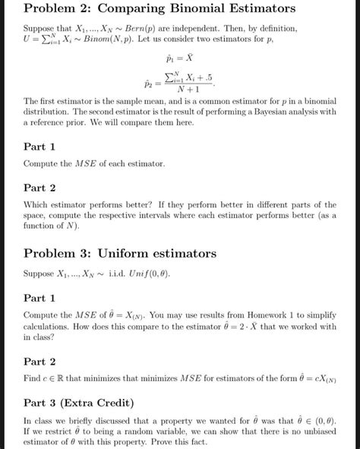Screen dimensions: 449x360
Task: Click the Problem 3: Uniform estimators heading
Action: click(x=120, y=253)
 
